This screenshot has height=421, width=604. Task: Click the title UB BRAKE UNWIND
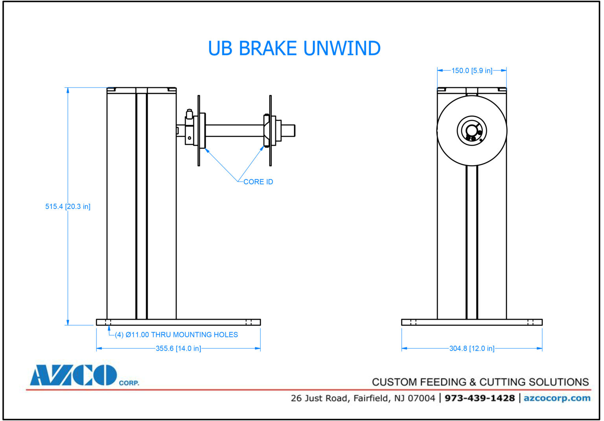294,48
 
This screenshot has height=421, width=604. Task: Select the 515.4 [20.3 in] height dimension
68,207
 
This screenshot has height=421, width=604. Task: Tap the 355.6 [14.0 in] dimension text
178,349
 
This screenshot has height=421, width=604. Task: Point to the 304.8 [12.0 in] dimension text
471,349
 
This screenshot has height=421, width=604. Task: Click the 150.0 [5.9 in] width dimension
471,71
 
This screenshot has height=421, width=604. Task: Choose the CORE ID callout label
258,182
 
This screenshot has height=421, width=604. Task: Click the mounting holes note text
176,335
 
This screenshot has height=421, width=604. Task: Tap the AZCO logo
74,375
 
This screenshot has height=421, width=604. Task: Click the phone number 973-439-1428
479,398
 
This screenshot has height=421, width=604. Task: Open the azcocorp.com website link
557,398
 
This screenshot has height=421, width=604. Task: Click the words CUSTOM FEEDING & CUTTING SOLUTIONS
480,382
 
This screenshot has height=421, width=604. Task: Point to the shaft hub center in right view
471,131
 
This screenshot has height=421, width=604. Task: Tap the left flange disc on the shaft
199,131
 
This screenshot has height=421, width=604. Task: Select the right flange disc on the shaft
271,131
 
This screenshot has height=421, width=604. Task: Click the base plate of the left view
178,322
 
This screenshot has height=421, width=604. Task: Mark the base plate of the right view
471,322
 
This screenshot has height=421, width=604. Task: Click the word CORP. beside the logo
129,383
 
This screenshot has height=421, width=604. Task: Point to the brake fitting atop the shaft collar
190,114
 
